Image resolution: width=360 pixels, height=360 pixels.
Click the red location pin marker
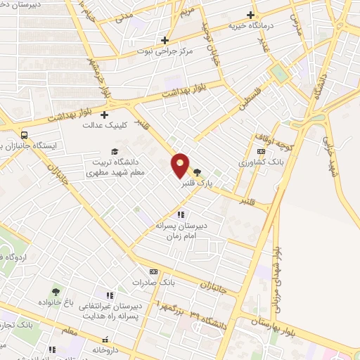181,165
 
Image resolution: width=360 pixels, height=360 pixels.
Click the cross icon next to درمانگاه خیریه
250,15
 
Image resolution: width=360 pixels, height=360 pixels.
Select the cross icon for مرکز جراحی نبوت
165,40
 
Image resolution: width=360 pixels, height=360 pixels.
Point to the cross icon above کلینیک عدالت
105,115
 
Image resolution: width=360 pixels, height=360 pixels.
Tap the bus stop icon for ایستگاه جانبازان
25,135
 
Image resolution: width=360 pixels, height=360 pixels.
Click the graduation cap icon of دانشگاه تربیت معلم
115,150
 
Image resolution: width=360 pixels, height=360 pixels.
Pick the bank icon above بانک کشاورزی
262,151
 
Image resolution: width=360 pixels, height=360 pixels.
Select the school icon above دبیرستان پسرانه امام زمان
180,215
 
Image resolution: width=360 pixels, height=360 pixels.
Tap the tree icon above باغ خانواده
56,290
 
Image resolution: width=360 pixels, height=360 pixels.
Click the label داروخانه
108,349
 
